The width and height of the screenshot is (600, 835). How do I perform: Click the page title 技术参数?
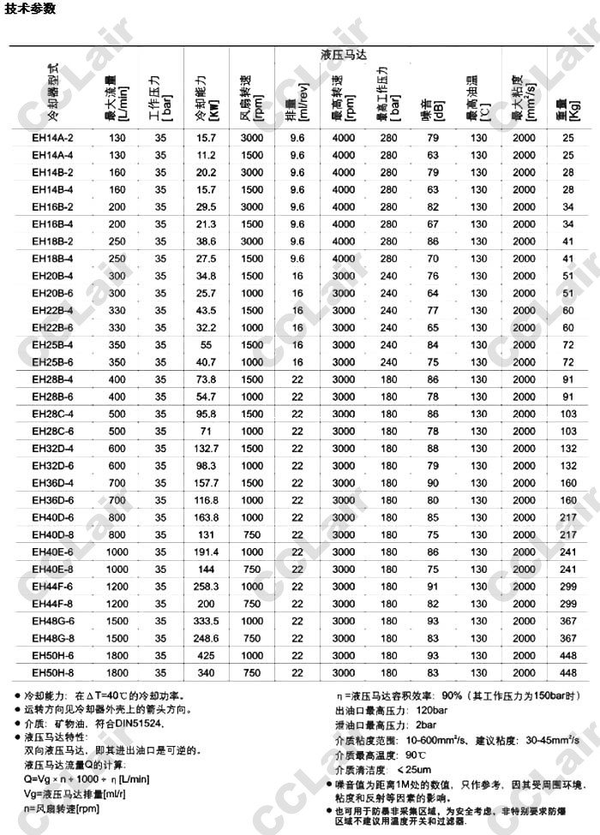29,9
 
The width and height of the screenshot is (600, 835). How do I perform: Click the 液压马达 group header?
342,54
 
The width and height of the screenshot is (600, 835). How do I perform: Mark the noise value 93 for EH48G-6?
432,621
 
